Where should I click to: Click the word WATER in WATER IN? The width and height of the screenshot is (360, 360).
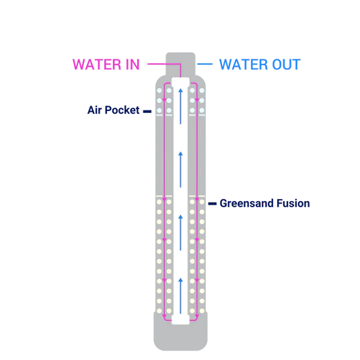97,65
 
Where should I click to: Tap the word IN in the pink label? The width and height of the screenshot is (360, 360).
133,65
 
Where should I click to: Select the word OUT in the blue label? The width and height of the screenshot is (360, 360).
286,65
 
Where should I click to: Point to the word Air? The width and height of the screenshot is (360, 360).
94,110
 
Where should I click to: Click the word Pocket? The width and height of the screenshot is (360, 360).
122,110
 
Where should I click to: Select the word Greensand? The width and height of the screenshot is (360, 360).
246,203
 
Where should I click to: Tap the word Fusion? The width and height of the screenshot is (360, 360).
293,203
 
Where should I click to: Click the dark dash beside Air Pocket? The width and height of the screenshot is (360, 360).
147,111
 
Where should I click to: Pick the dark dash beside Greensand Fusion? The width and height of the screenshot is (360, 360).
213,203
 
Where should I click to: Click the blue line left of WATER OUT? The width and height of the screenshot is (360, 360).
205,64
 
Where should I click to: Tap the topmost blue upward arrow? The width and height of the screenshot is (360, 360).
181,106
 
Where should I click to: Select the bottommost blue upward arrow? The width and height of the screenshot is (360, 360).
181,295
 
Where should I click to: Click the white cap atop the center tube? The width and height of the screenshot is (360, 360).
181,82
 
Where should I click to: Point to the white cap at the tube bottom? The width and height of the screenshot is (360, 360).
181,320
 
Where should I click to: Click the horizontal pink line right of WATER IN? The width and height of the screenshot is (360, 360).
164,64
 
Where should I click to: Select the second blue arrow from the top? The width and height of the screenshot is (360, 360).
181,170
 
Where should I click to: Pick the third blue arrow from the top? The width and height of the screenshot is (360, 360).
181,233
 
